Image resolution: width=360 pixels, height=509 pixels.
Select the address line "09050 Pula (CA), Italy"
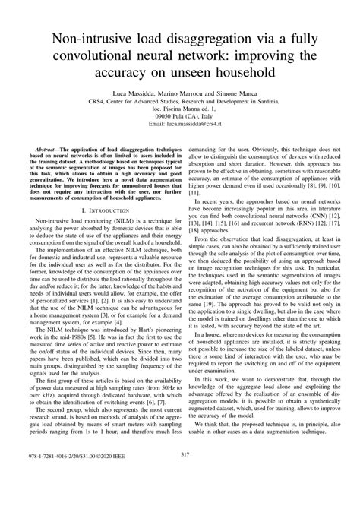(180, 115)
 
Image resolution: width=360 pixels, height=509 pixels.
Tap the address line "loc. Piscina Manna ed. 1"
(180, 108)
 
